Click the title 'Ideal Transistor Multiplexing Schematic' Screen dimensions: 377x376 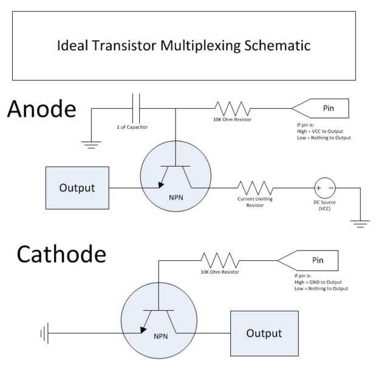point(183,46)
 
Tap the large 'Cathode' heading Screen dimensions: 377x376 point(61,254)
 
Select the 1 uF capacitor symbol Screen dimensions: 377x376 point(137,109)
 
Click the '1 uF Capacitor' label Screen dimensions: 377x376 point(132,127)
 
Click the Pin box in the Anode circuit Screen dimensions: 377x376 point(321,109)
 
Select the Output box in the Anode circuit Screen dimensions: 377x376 point(77,187)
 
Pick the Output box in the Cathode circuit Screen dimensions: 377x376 point(264,333)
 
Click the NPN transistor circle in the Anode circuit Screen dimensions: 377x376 point(176,179)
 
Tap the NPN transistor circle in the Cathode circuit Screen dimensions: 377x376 point(158,326)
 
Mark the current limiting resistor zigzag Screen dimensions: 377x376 point(255,187)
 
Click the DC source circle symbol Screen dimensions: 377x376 point(323,187)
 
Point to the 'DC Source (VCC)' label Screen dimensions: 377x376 point(324,205)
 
